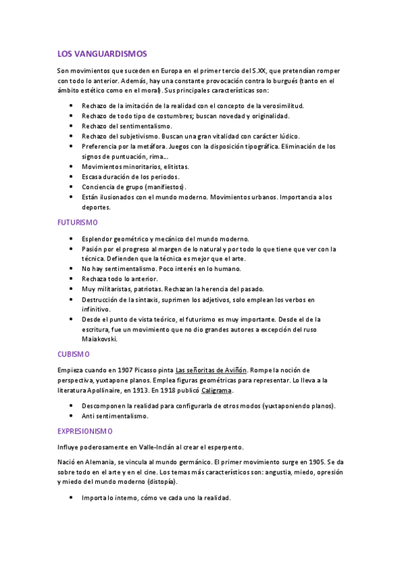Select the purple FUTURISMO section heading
78,222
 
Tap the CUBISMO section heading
74,354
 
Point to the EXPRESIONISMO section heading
85,431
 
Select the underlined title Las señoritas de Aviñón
211,370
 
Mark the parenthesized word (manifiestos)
161,187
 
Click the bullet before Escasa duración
72,176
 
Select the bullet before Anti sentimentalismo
72,416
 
